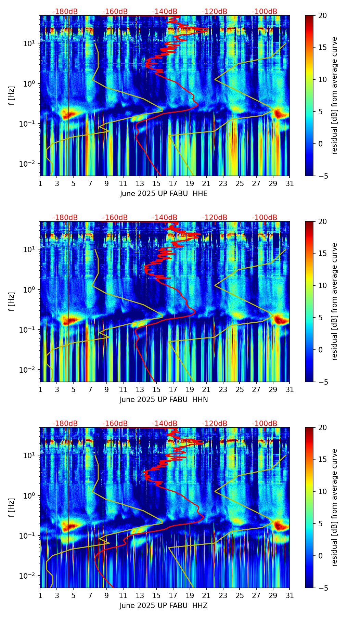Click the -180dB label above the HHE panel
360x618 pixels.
pyautogui.click(x=65, y=12)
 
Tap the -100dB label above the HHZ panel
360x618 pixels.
pyautogui.click(x=265, y=424)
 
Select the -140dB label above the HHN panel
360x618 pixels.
pyautogui.click(x=165, y=218)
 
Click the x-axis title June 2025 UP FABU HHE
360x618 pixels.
pyautogui.click(x=164, y=194)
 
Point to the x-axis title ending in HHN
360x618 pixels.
pyautogui.click(x=164, y=400)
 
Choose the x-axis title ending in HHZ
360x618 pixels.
pyautogui.click(x=164, y=606)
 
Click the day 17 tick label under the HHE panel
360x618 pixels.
pyautogui.click(x=173, y=184)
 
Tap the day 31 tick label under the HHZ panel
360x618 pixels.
pyautogui.click(x=290, y=596)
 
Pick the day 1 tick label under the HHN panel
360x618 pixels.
pyautogui.click(x=40, y=390)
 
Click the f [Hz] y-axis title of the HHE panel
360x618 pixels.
pyautogui.click(x=12, y=95)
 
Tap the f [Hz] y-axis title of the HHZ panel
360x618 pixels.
pyautogui.click(x=12, y=507)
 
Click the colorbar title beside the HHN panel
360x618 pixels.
pyautogui.click(x=335, y=301)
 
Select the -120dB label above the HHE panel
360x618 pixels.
pyautogui.click(x=215, y=12)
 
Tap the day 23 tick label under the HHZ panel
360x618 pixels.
pyautogui.click(x=223, y=596)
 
